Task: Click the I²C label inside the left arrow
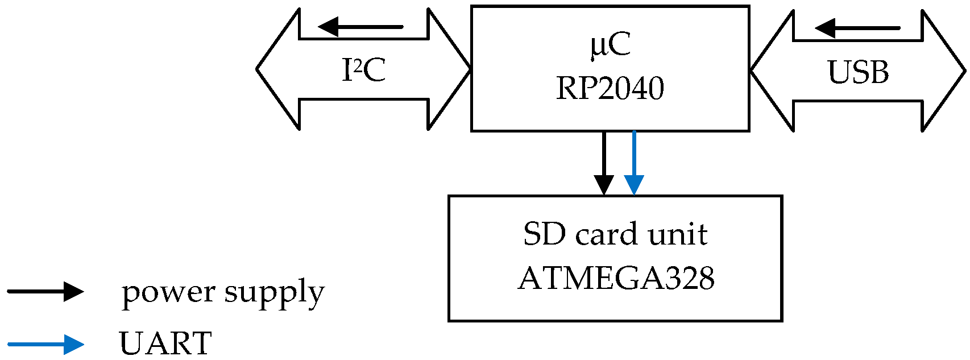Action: (x=364, y=71)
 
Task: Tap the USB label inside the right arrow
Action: (x=857, y=72)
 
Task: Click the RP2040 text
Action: (x=610, y=88)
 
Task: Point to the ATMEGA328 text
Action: (x=616, y=279)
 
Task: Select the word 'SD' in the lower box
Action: (x=544, y=234)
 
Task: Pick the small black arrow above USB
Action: (x=857, y=28)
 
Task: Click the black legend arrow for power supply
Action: (x=45, y=292)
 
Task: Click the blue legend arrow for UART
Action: (x=45, y=344)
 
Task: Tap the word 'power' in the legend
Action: (x=168, y=293)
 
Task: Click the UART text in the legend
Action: (x=165, y=344)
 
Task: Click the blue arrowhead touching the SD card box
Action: (x=633, y=185)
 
